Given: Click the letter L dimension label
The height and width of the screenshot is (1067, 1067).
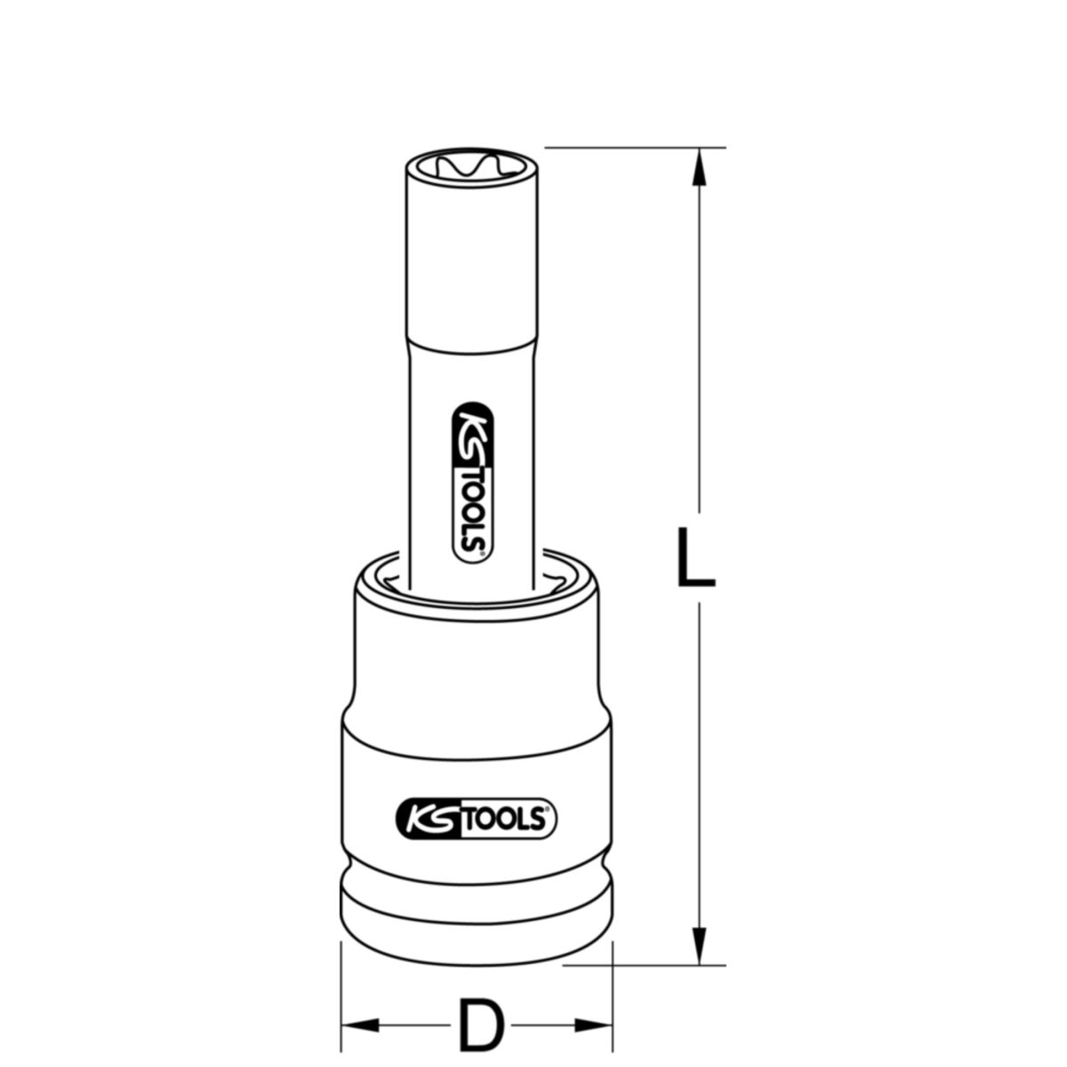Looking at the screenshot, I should pyautogui.click(x=694, y=558).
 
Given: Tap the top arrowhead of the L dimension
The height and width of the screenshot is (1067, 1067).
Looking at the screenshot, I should pyautogui.click(x=701, y=165).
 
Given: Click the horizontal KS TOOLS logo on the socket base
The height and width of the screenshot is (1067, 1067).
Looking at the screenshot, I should pyautogui.click(x=475, y=815).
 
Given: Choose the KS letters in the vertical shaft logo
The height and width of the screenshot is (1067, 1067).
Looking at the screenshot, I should pyautogui.click(x=472, y=431).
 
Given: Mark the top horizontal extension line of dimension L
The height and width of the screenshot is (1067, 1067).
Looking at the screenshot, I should pyautogui.click(x=636, y=147).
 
